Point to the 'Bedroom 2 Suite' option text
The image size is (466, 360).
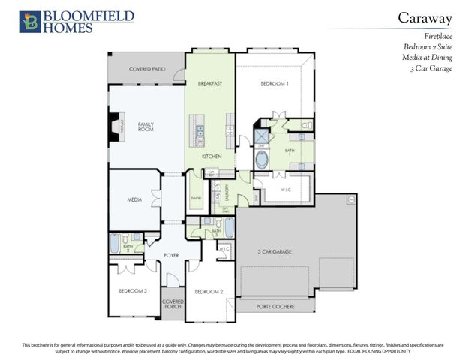pyautogui.click(x=430, y=46)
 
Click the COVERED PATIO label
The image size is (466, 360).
pyautogui.click(x=147, y=69)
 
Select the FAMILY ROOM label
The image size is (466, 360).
pyautogui.click(x=146, y=127)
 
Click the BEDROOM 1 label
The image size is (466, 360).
pyautogui.click(x=275, y=83)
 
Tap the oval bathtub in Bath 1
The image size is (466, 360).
pyautogui.click(x=264, y=160)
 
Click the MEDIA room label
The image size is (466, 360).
pyautogui.click(x=135, y=199)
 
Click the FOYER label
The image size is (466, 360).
pyautogui.click(x=172, y=256)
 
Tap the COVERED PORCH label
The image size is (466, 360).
pyautogui.click(x=173, y=304)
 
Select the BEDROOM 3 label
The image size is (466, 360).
pyautogui.click(x=132, y=290)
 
